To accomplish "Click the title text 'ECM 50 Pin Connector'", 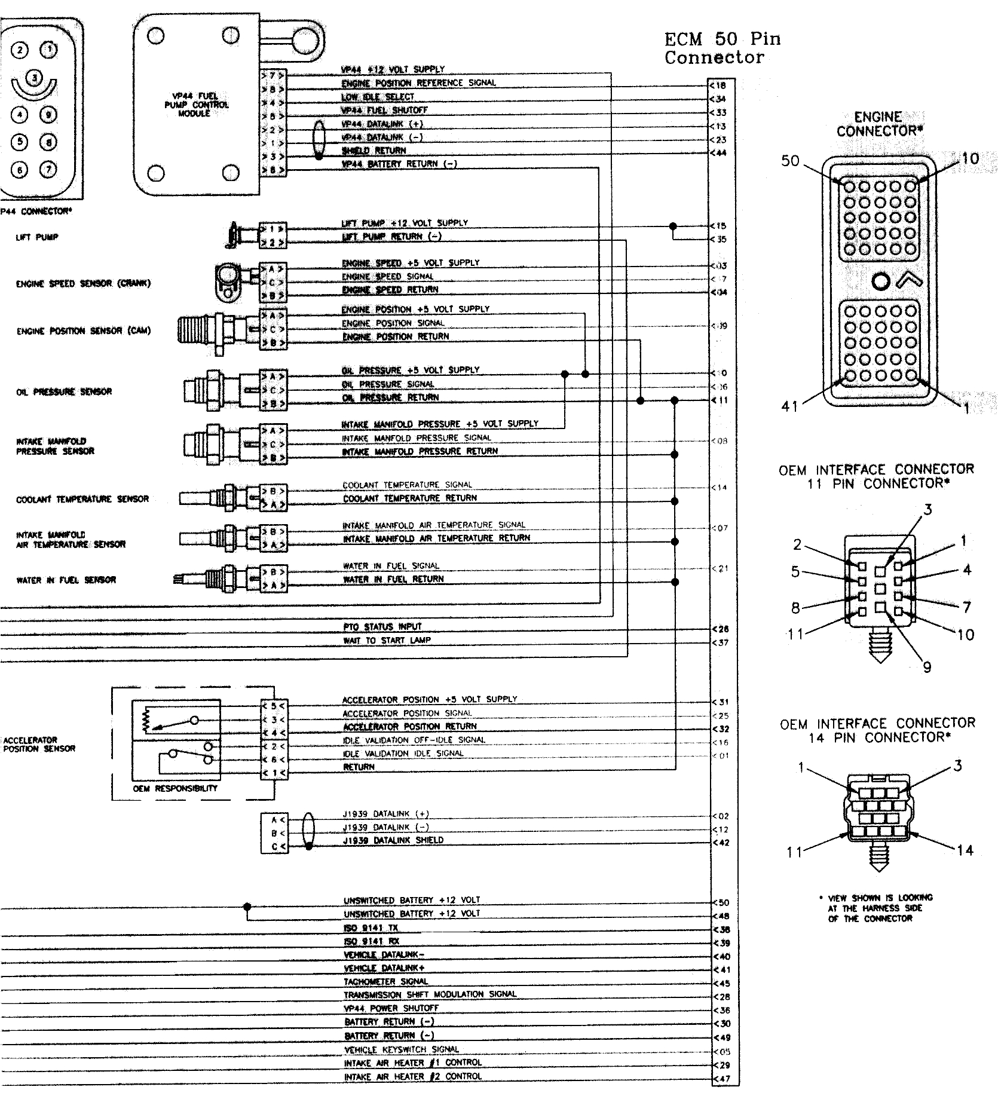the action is pos(722,48).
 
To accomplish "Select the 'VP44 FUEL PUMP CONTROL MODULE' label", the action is pos(195,105).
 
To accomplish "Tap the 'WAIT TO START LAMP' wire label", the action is pos(386,641).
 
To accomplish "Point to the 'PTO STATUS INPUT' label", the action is pos(382,627).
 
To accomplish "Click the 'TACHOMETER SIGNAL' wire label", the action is pos(385,981).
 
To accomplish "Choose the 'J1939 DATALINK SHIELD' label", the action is pos(393,840).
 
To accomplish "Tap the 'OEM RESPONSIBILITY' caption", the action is pos(175,789).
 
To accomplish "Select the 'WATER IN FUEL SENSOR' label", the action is pos(66,580).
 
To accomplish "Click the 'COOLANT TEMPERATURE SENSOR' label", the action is pos(82,499).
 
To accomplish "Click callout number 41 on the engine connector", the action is pos(790,406).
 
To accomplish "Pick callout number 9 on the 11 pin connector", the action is pos(927,667).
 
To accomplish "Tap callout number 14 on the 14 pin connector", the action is pos(965,850).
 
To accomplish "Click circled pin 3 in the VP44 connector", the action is pos(35,77).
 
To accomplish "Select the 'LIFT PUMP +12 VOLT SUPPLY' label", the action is pos(405,223).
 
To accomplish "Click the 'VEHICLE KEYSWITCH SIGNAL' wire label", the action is pos(401,1050).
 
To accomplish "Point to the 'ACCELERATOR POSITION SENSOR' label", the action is pos(39,744).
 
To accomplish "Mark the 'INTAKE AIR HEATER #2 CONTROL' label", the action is pos(412,1077).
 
